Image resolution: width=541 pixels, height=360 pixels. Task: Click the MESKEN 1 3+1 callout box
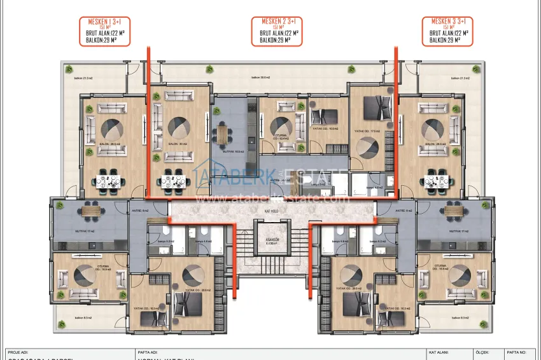[104, 31]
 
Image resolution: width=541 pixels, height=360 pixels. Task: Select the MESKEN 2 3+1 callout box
[277, 31]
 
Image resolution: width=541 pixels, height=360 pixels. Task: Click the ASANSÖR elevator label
[270, 241]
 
